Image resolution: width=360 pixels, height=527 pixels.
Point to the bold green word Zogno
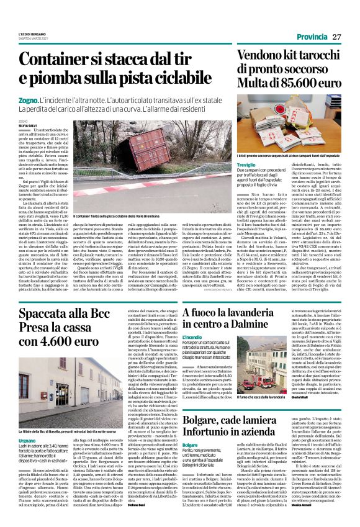point(29,100)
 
